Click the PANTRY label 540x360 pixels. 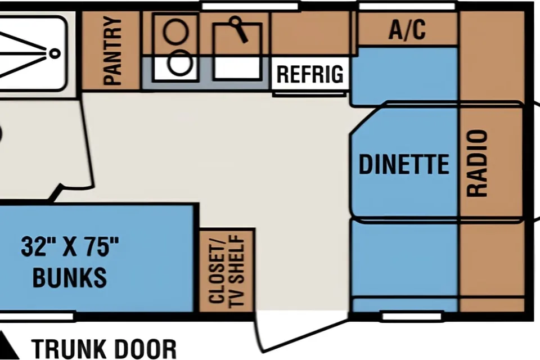112,51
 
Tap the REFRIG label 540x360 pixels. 310,74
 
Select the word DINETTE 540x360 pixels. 404,164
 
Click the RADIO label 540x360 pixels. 477,163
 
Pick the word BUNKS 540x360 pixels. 70,277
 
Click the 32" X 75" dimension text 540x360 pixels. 70,247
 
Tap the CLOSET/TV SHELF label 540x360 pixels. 226,271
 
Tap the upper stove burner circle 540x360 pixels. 175,31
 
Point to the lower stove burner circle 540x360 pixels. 179,62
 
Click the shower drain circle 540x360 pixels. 55,53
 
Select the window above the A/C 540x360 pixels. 407,6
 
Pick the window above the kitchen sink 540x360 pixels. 250,6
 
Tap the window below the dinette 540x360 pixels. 412,316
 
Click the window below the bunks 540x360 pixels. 37,316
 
